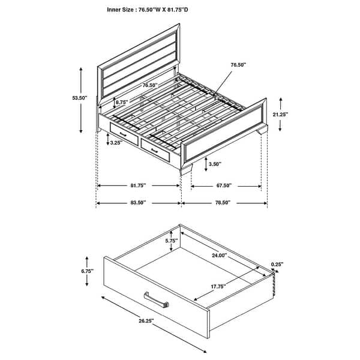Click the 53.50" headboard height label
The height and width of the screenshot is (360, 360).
[79, 98]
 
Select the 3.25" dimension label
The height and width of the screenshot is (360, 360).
[116, 143]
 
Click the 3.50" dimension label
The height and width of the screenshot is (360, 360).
[214, 163]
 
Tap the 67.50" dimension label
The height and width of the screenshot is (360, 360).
[223, 186]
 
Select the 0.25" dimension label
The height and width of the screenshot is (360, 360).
[277, 264]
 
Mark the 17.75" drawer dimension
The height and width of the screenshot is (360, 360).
[217, 287]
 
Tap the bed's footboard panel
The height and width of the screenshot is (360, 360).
[223, 133]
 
